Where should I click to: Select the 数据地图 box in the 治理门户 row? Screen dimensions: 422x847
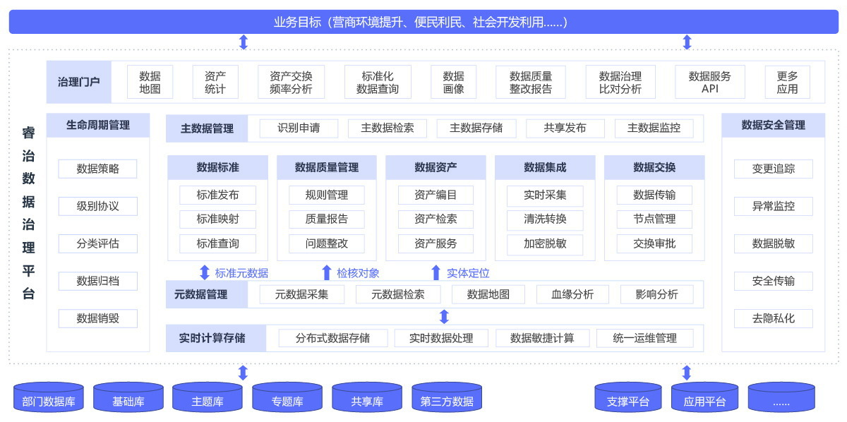[150, 82]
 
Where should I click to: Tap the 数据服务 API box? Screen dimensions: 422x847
[709, 82]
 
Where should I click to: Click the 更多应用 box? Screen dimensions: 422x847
[787, 82]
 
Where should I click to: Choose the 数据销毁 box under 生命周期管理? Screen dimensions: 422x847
[97, 318]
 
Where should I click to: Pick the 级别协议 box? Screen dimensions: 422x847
[97, 206]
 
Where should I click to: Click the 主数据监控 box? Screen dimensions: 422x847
[654, 128]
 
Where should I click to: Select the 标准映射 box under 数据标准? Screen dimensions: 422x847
[217, 219]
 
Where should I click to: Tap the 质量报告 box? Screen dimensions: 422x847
[326, 219]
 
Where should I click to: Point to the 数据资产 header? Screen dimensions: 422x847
[435, 167]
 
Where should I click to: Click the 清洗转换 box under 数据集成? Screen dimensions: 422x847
[545, 219]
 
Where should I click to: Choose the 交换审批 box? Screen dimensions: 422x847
[654, 243]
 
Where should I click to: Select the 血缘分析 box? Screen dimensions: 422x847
[572, 294]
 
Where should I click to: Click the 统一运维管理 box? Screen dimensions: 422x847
[644, 338]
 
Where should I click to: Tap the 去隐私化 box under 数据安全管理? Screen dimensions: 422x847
[773, 318]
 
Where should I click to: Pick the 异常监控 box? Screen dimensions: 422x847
[773, 206]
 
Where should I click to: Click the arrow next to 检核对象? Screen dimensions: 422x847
[326, 272]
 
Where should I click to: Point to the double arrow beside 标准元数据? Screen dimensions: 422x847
[205, 272]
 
